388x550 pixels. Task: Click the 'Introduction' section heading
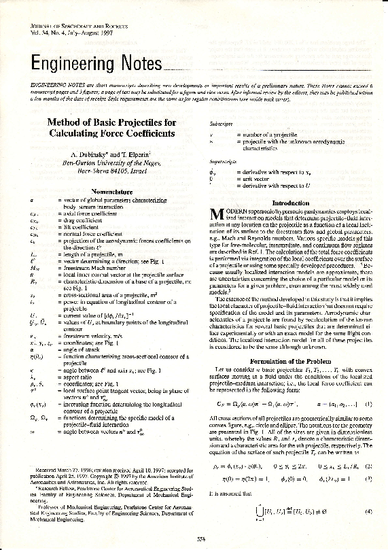[290, 203]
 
